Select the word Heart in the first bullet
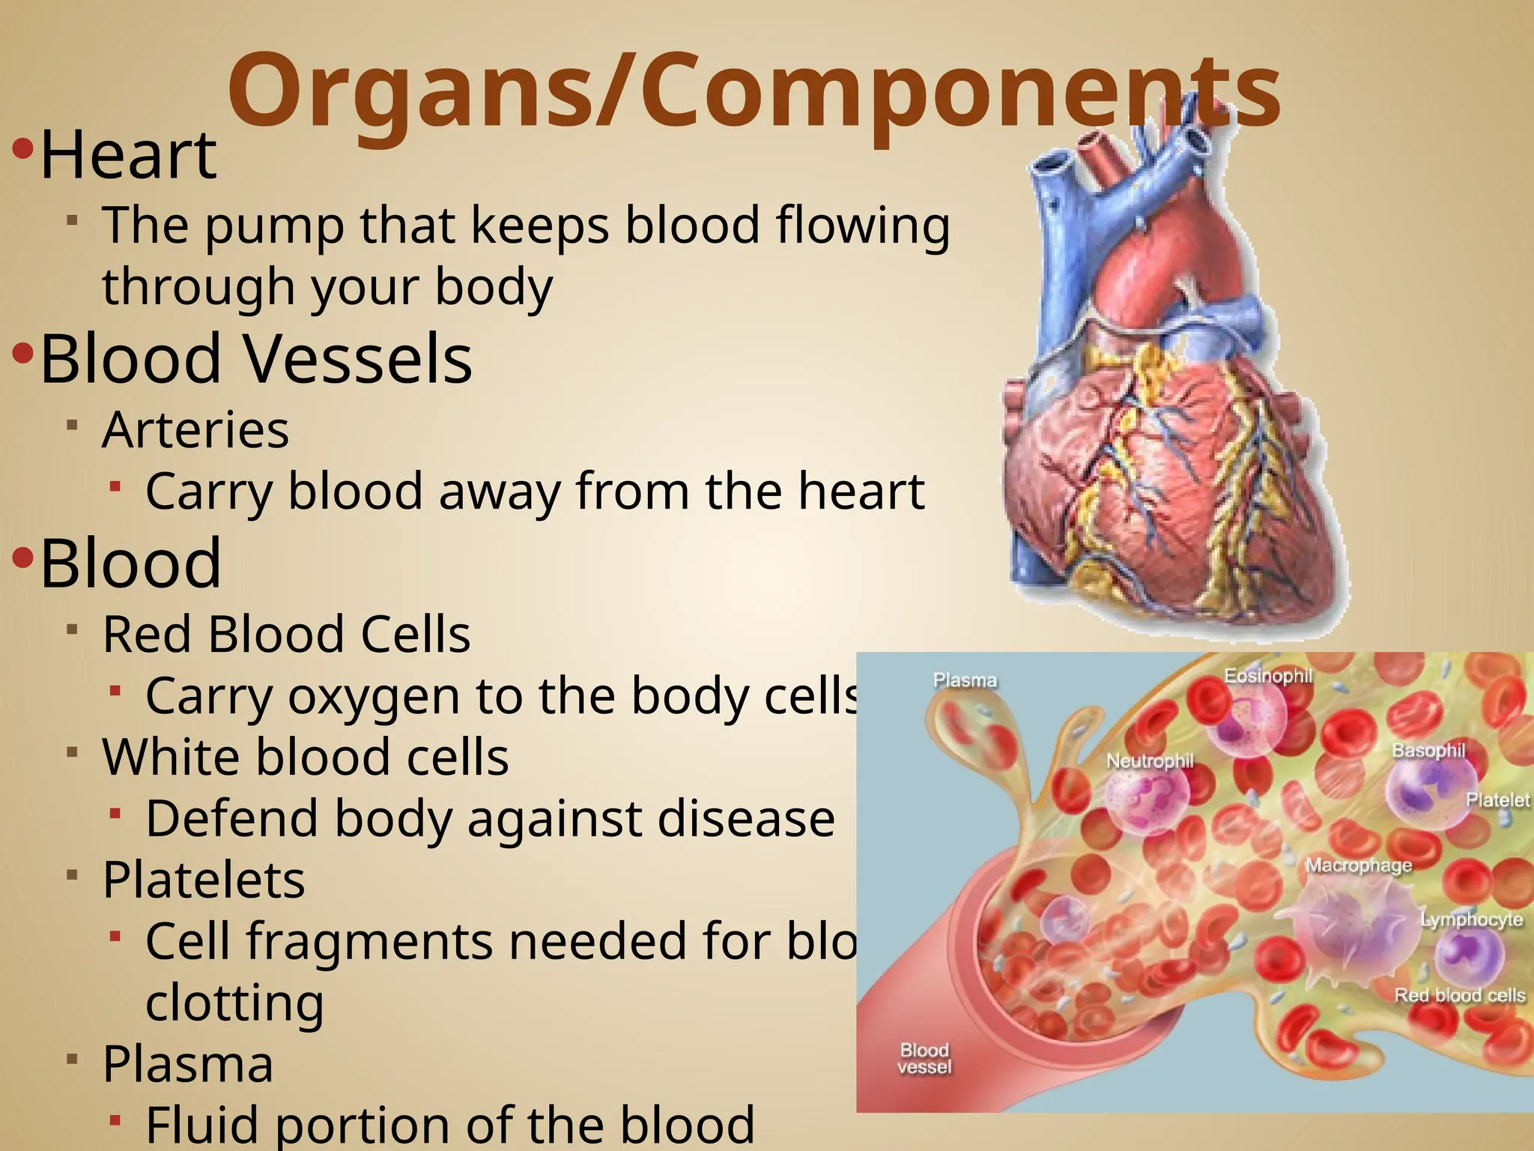(128, 156)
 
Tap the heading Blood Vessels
(256, 359)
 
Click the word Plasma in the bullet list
(188, 1064)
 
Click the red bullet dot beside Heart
(23, 149)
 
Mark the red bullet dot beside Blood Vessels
(23, 353)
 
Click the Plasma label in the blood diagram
(965, 680)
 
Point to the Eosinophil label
(1268, 676)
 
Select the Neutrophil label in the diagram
(1150, 761)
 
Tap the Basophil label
(1428, 751)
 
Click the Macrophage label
(1359, 865)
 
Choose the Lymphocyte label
(1472, 919)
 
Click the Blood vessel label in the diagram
(924, 1058)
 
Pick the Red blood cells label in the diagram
(1459, 995)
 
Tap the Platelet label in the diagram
(1497, 800)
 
